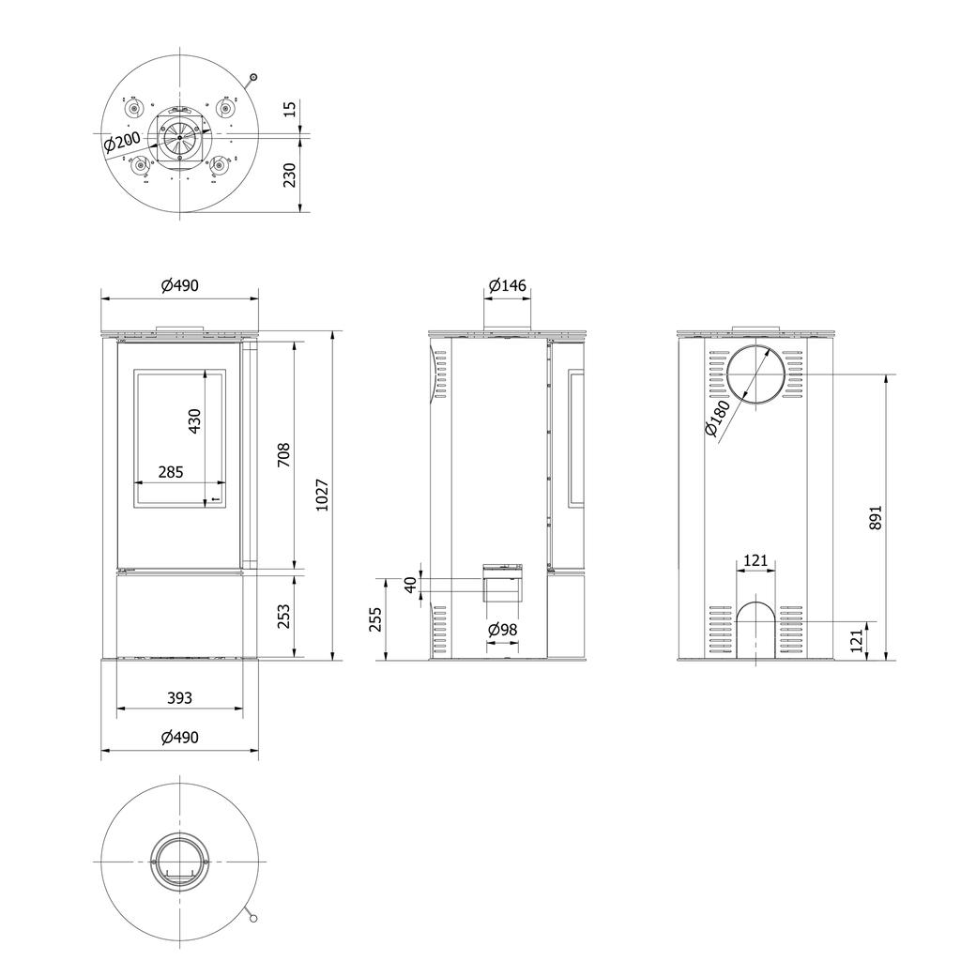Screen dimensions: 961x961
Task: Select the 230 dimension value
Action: pyautogui.click(x=290, y=175)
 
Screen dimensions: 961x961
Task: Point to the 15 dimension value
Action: pyautogui.click(x=290, y=109)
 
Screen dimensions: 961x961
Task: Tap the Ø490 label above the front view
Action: pyautogui.click(x=179, y=286)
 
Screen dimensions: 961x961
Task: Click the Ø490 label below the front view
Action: pyautogui.click(x=179, y=738)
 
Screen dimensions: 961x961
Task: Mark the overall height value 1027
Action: pyautogui.click(x=321, y=495)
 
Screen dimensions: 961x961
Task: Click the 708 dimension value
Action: pyautogui.click(x=284, y=455)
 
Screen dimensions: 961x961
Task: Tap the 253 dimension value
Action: pyautogui.click(x=284, y=616)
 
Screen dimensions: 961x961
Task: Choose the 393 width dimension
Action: pyautogui.click(x=179, y=697)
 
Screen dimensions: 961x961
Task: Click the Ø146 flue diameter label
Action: pyautogui.click(x=507, y=286)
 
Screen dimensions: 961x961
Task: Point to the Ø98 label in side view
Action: pyautogui.click(x=503, y=630)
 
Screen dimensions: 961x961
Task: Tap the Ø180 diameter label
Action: pyautogui.click(x=722, y=420)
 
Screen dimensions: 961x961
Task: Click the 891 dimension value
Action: pyautogui.click(x=876, y=517)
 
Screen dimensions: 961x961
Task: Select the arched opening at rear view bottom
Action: pyautogui.click(x=755, y=631)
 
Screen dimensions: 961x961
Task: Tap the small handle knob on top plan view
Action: pyautogui.click(x=253, y=78)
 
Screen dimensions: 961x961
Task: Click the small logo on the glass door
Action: pyautogui.click(x=215, y=500)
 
